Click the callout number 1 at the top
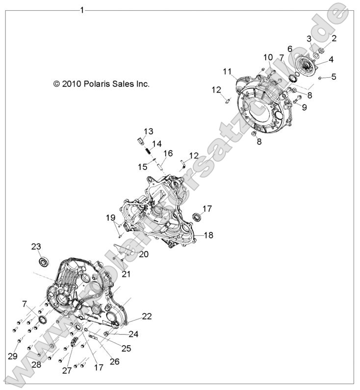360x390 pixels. click(82, 10)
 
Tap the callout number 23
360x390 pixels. click(36, 246)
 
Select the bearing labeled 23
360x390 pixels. click(45, 262)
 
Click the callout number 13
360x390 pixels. click(149, 131)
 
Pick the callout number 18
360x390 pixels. click(208, 235)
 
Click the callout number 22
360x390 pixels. click(147, 316)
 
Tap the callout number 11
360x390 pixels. click(227, 72)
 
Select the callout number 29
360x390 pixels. click(13, 356)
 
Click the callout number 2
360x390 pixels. click(334, 38)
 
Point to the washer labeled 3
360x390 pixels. click(315, 55)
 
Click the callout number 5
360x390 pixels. click(334, 76)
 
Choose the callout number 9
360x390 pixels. click(304, 107)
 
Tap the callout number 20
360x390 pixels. click(144, 254)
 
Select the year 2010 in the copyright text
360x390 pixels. click(72, 84)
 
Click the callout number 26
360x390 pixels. click(114, 362)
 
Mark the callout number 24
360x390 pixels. click(133, 334)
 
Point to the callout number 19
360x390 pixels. click(111, 218)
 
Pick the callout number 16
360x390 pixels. click(168, 153)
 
